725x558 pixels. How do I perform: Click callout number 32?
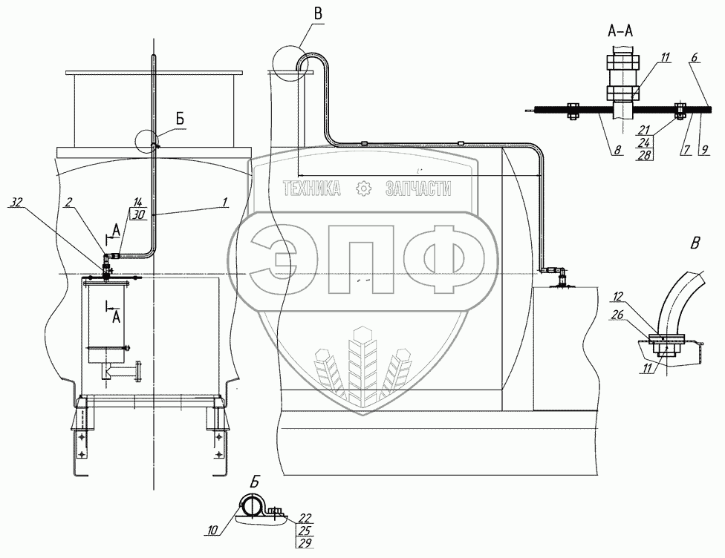point(16,202)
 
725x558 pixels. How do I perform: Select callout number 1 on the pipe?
point(225,201)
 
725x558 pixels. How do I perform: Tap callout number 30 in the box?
point(139,214)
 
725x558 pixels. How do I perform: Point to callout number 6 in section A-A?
point(695,57)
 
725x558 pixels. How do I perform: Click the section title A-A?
point(620,31)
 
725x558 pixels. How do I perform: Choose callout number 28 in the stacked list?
point(643,155)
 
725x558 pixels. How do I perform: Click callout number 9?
point(704,150)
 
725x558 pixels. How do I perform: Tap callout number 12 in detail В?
point(619,296)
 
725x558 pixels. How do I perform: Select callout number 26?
point(617,315)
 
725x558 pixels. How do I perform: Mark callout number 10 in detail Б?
point(212,531)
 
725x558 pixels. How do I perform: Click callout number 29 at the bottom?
point(305,542)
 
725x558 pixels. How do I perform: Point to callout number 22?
point(305,518)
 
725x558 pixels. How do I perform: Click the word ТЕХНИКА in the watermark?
point(312,188)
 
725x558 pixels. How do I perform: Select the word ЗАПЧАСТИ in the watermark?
point(418,188)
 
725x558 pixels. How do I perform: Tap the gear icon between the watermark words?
point(363,188)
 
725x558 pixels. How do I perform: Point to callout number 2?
point(68,202)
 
